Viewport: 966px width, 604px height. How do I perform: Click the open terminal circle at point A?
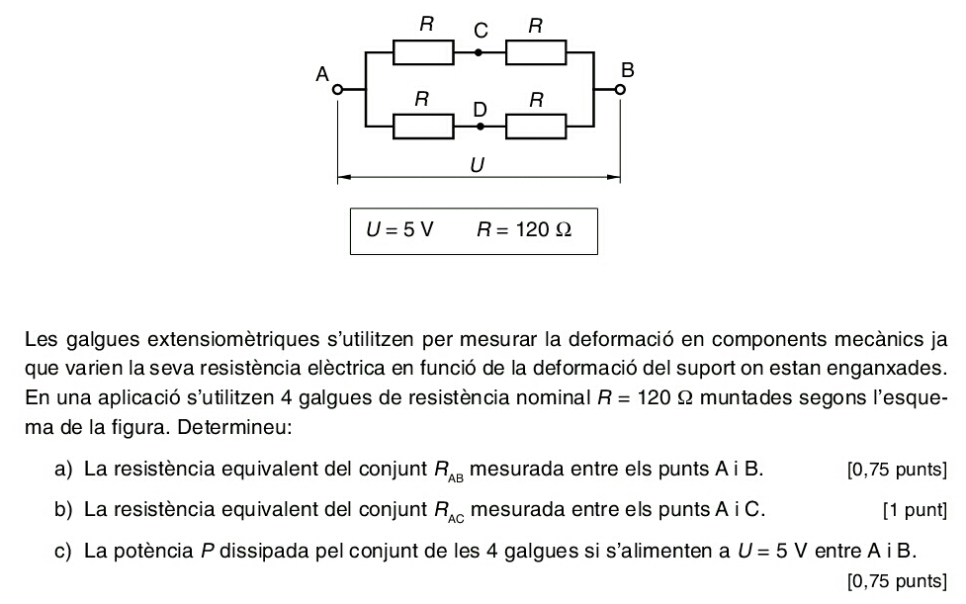[337, 90]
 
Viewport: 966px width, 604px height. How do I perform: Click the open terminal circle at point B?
[620, 90]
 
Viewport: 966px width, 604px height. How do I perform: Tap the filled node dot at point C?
[479, 53]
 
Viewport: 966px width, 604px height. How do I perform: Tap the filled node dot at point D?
[481, 127]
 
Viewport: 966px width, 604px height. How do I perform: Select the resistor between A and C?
[423, 53]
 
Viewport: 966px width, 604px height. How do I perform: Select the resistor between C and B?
[536, 53]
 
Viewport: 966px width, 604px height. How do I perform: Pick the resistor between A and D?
[423, 127]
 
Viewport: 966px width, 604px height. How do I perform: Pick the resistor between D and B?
[536, 127]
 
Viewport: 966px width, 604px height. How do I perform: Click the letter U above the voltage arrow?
[477, 165]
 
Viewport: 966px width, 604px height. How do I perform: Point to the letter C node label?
[481, 31]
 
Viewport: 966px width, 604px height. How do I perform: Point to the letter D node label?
[480, 110]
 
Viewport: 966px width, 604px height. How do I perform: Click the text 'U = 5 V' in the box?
[399, 229]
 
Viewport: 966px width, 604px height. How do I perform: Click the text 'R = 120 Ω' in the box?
[524, 229]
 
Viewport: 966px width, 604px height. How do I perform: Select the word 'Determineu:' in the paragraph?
[234, 427]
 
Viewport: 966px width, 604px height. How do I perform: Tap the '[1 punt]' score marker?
[915, 510]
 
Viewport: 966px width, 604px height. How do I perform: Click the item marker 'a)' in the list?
[63, 470]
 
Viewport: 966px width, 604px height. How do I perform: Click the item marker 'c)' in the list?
[63, 551]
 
